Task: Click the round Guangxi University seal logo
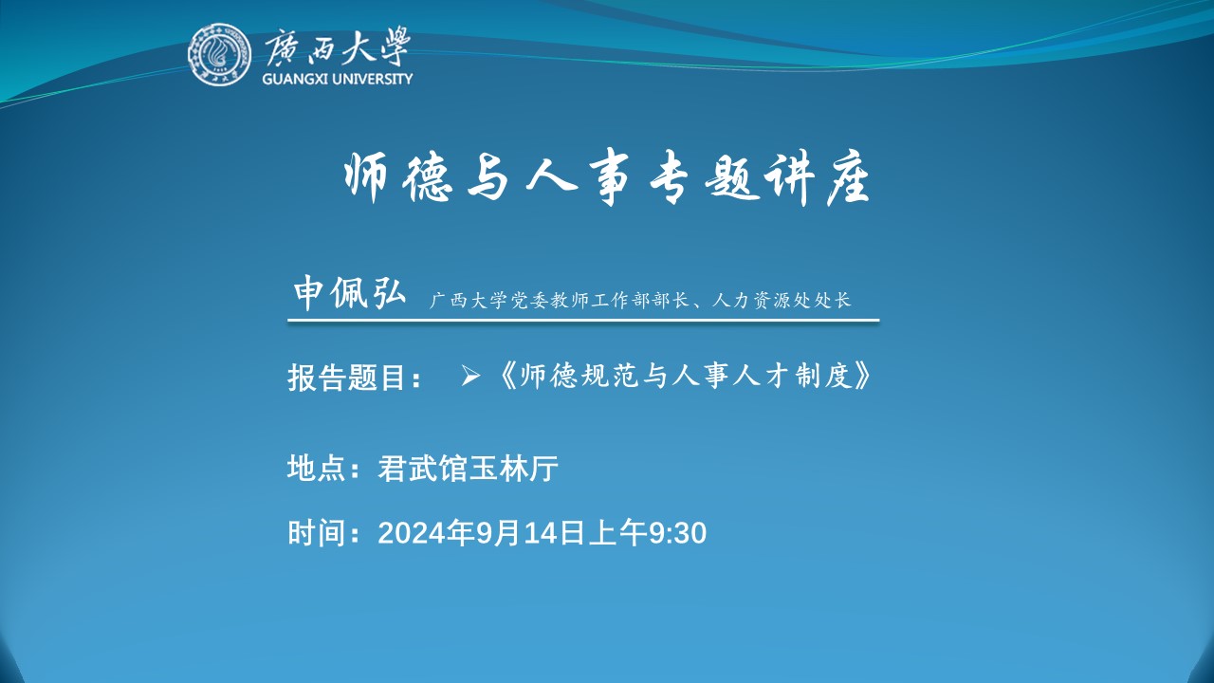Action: (219, 54)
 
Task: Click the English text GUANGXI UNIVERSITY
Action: (337, 79)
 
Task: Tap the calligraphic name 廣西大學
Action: (337, 47)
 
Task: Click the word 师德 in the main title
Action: (397, 177)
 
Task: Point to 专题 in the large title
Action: (703, 177)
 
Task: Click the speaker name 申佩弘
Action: (350, 293)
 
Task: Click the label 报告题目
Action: (347, 378)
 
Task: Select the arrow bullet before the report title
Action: (469, 377)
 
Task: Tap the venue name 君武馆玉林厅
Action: (468, 468)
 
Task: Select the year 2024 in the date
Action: (412, 533)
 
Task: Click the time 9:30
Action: (677, 533)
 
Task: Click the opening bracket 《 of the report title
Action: (506, 377)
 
